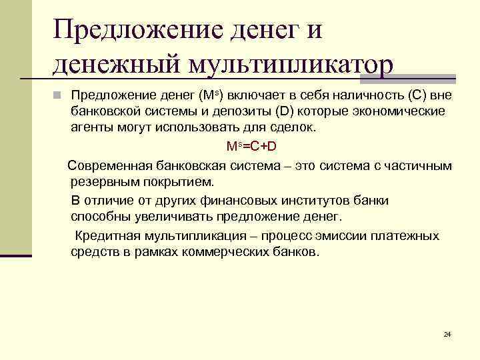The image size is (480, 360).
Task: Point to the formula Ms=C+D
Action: pos(251,146)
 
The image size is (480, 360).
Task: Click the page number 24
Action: pos(447,333)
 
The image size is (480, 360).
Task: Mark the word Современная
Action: pos(110,165)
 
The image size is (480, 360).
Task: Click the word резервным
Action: pos(103,181)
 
